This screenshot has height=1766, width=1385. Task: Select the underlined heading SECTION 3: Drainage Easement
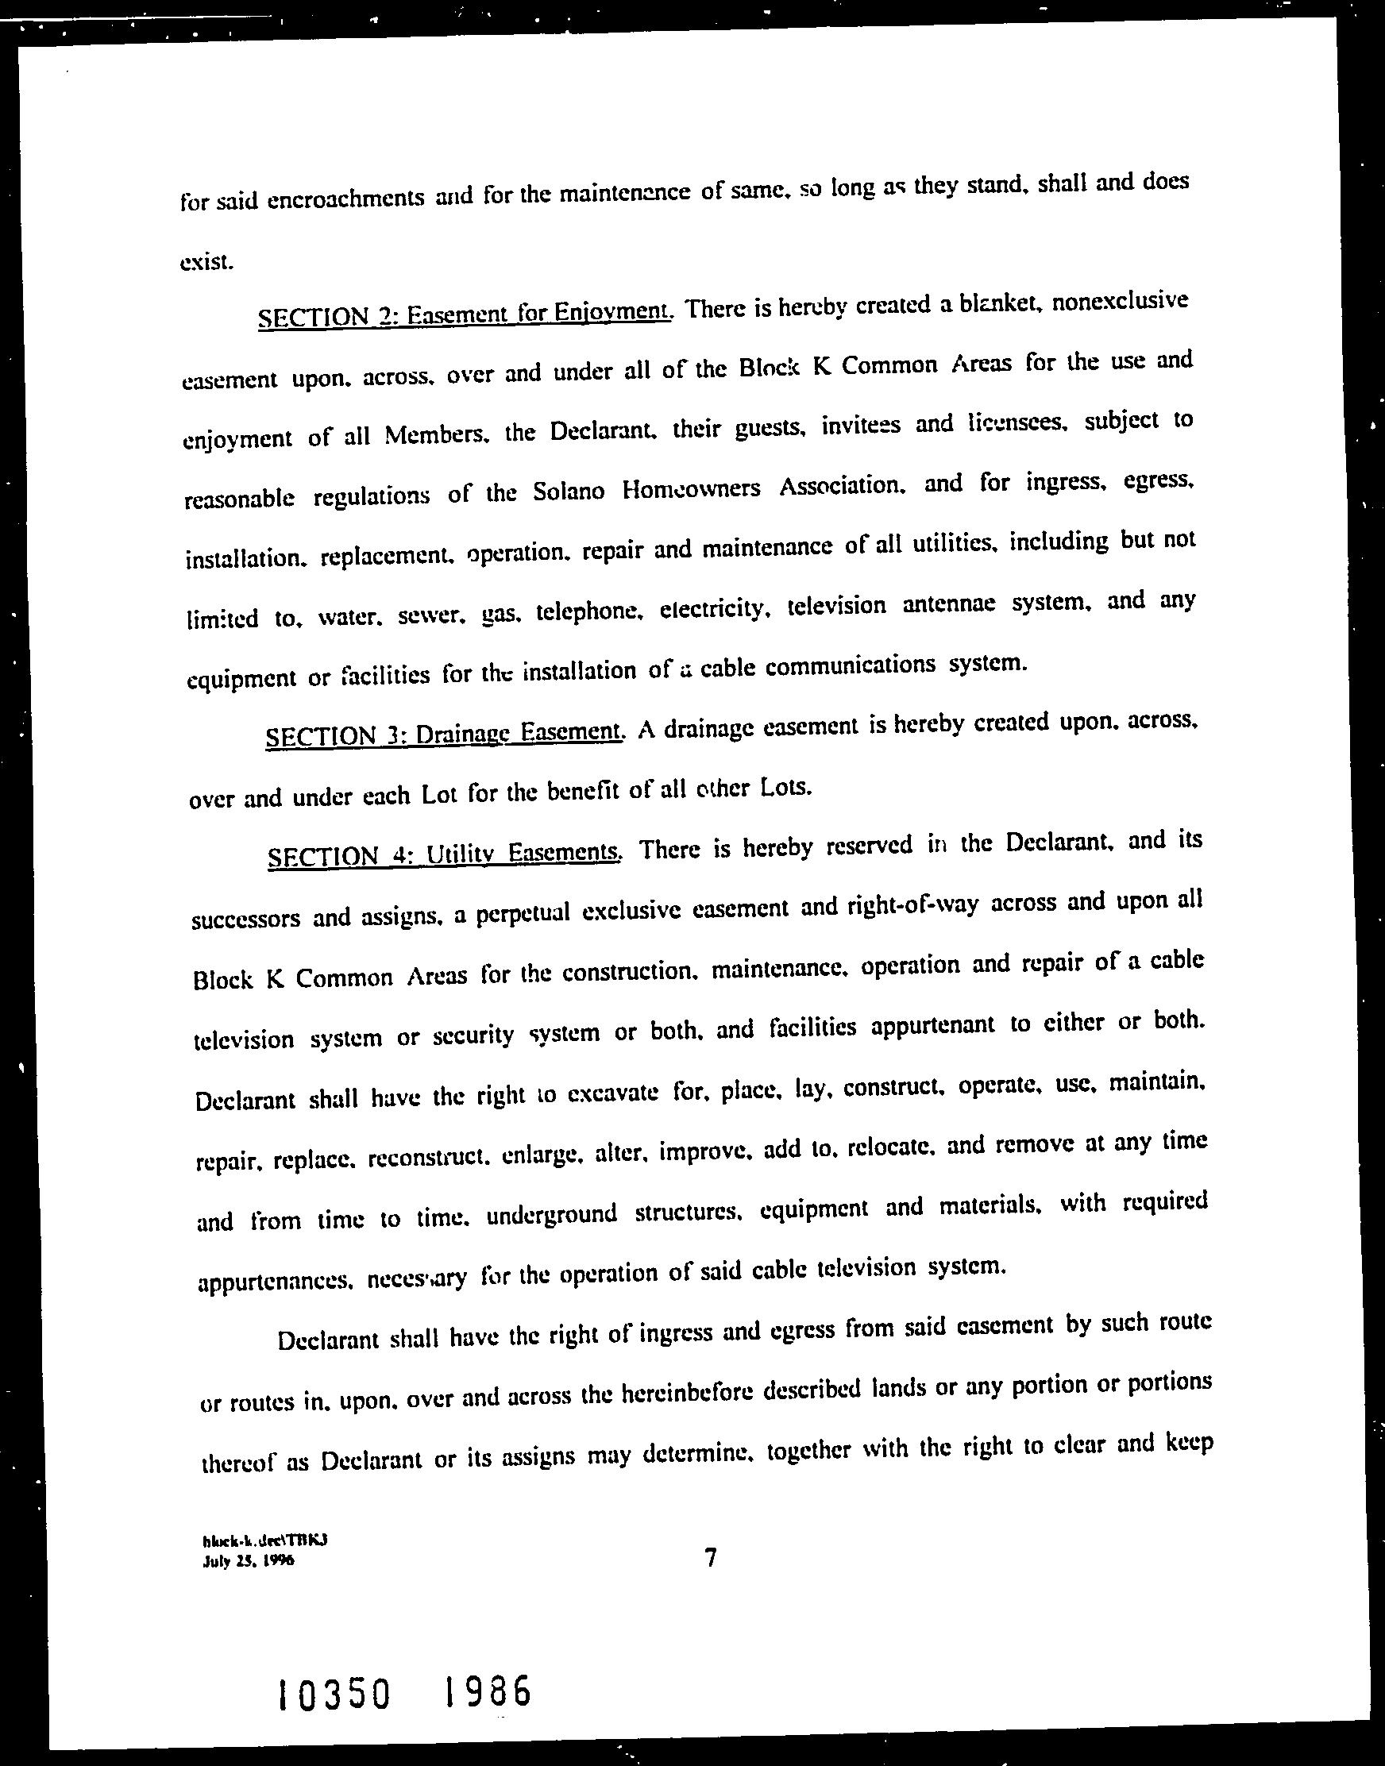coord(446,734)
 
